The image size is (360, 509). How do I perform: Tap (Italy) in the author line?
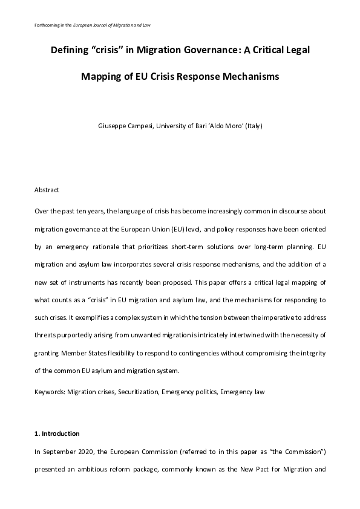pyautogui.click(x=254, y=126)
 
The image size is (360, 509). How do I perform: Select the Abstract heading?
pyautogui.click(x=47, y=190)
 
